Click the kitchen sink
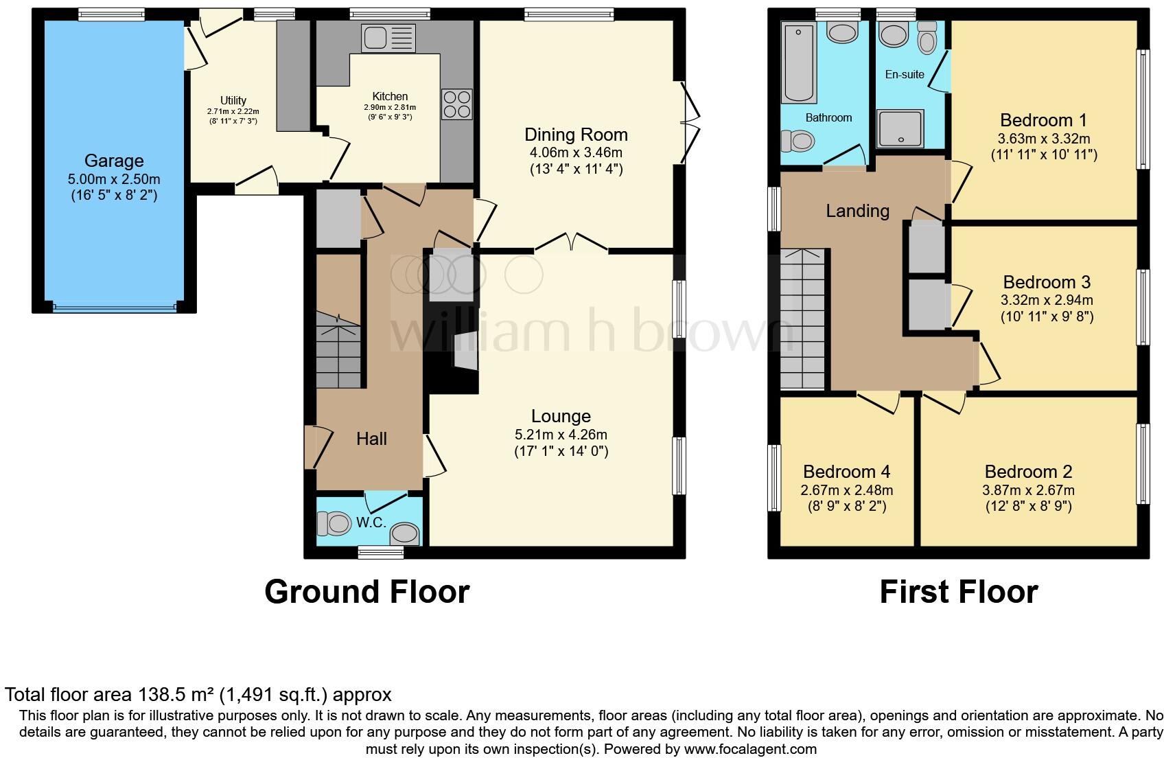(388, 38)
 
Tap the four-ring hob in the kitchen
(457, 104)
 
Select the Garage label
(114, 161)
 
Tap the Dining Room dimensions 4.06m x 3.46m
(576, 152)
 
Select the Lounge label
(561, 416)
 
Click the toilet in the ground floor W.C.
(334, 525)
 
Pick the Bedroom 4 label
(846, 472)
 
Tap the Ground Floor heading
(366, 592)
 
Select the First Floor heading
(958, 592)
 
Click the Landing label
(857, 211)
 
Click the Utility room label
(233, 100)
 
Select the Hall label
(371, 439)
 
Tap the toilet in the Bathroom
(798, 141)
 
